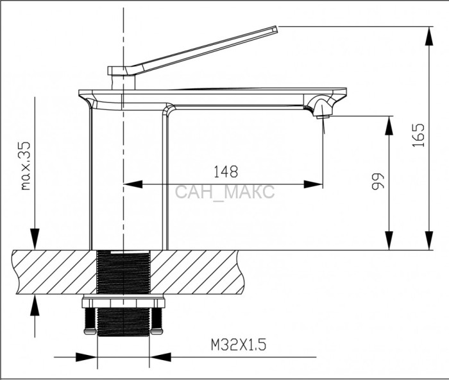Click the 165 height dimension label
point(418,135)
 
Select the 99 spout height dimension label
point(378,182)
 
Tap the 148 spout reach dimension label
point(226,171)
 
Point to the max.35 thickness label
point(26,166)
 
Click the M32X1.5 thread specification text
point(239,345)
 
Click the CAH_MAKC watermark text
point(224,192)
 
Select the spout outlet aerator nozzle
point(323,115)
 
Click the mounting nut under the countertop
point(124,303)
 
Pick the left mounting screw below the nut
point(90,321)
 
